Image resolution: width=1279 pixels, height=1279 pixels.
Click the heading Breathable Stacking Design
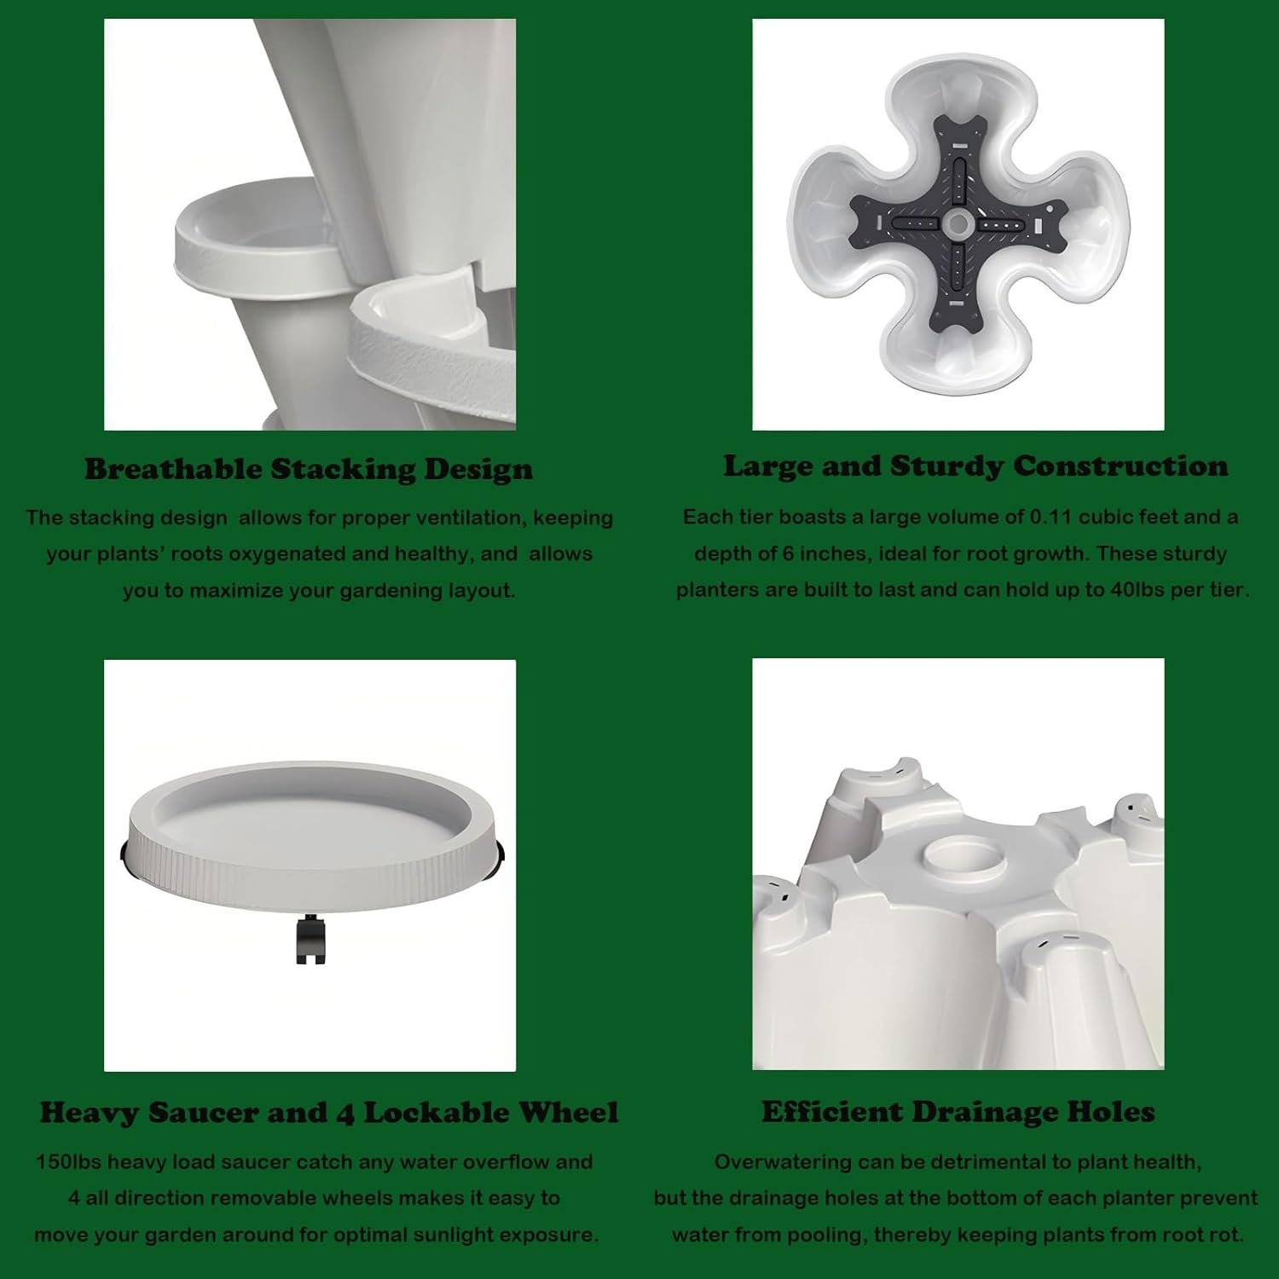point(309,470)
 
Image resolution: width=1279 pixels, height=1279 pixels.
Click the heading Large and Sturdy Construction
point(975,466)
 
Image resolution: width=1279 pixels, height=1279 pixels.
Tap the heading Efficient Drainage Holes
point(958,1112)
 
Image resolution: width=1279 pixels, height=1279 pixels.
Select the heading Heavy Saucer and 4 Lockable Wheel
point(329,1113)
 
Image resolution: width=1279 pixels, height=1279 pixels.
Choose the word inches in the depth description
point(832,553)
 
